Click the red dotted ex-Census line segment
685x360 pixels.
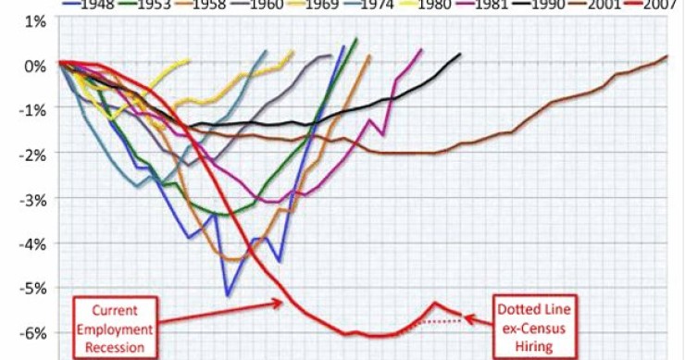tap(435, 321)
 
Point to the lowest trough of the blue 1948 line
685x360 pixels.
tap(228, 295)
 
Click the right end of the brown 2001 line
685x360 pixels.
tap(666, 57)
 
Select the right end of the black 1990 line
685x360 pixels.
tap(460, 55)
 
